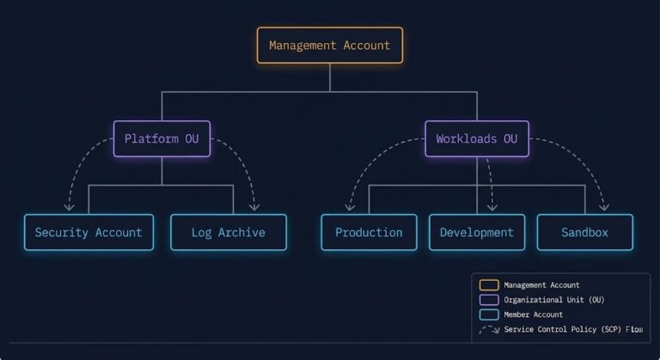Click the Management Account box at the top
329,46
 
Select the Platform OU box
162,138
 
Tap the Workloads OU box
476,138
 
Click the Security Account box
89,232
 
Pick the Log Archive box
228,232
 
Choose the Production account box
369,232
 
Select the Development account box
476,232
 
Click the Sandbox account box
584,232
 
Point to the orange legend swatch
489,285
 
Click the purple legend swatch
489,300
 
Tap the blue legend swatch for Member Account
489,314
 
